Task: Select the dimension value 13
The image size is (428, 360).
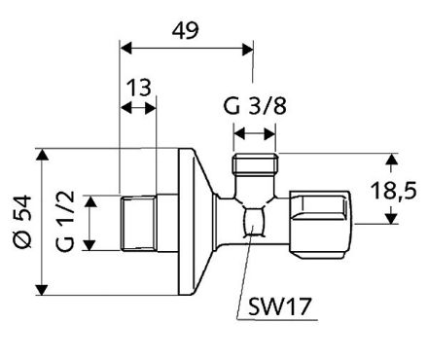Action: [137, 90]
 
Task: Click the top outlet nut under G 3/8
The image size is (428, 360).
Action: [255, 164]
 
